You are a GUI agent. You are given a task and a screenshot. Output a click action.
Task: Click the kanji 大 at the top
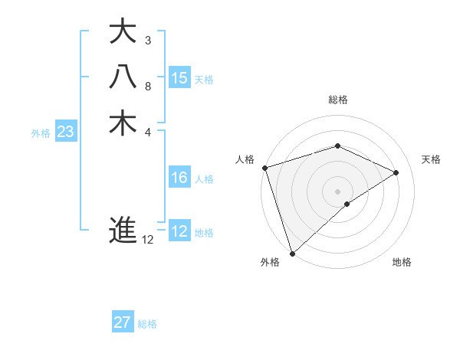tap(123, 32)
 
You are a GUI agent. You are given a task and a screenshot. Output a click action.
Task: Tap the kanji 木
tap(123, 123)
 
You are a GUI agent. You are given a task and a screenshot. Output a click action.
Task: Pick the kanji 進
tap(123, 229)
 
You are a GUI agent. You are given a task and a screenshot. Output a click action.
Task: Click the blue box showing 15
tap(179, 77)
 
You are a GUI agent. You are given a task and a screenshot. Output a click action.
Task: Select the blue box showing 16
tap(179, 178)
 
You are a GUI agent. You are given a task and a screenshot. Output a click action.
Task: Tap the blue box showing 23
tap(66, 132)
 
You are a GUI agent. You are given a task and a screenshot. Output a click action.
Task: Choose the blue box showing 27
tap(123, 322)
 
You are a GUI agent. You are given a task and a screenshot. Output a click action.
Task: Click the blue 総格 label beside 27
tap(147, 324)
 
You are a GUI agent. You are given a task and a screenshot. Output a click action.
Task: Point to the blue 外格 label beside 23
tap(41, 133)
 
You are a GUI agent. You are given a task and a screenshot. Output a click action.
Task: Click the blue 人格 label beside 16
tap(204, 179)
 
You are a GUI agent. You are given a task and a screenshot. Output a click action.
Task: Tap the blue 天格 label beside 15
tap(204, 79)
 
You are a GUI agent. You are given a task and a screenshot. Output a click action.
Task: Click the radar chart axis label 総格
tap(337, 100)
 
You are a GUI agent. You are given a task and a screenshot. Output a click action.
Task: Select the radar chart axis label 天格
tap(431, 159)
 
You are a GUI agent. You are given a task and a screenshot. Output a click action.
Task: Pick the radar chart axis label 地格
tap(402, 262)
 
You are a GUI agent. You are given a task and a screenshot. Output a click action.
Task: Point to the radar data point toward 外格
tap(292, 252)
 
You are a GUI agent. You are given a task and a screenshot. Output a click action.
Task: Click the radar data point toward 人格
tap(264, 168)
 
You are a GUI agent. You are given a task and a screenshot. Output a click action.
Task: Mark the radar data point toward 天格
tap(396, 172)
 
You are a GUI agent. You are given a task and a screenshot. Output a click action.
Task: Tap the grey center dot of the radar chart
tap(337, 191)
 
